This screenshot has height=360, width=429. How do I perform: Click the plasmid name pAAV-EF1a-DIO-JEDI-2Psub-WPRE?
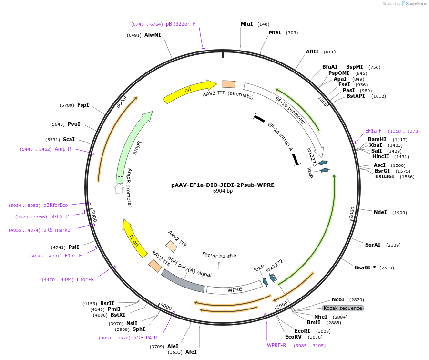223,185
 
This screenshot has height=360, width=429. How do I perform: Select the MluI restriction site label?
246,24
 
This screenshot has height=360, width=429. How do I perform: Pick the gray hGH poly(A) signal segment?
183,281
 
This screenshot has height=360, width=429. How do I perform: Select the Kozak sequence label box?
343,308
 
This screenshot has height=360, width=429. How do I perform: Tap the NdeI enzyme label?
380,212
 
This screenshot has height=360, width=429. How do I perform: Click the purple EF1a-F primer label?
373,131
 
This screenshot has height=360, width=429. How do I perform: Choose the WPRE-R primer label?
276,345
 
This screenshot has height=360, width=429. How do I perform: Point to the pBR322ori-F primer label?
181,24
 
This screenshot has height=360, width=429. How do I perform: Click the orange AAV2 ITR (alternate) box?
229,84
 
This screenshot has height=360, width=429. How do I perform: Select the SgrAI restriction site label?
373,245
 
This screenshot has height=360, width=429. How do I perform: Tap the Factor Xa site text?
219,256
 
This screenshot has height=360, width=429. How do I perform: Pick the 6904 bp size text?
223,191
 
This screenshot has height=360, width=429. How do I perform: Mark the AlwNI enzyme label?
153,35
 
